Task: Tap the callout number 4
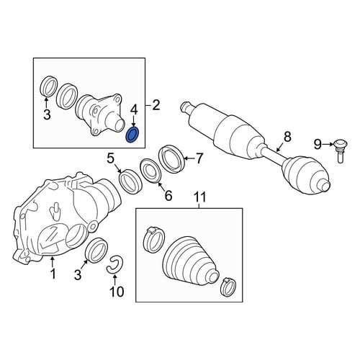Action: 134,110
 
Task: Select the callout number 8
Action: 287,137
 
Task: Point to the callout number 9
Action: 318,145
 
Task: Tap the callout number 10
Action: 117,292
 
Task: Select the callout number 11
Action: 200,197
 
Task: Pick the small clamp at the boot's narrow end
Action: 228,287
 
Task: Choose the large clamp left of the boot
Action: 154,240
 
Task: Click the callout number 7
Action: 199,158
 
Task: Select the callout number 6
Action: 168,196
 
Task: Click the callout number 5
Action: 110,158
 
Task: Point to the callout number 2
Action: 156,105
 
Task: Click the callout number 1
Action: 53,274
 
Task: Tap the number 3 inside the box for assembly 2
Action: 48,114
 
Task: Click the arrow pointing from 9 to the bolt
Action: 328,144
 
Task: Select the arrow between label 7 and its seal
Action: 189,158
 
